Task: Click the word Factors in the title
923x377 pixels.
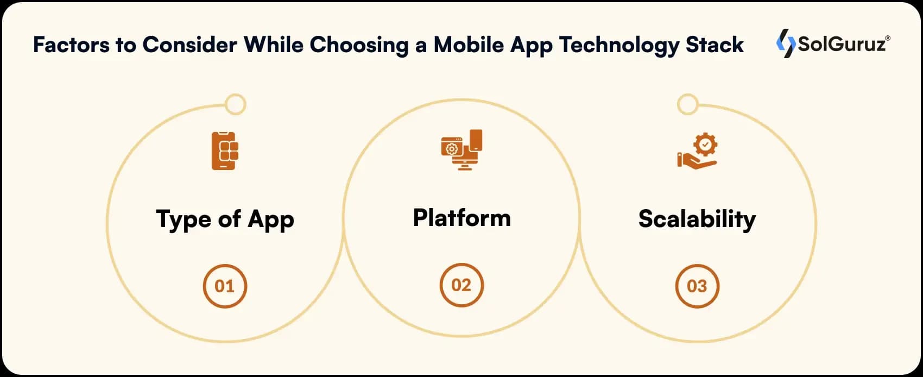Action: coord(71,45)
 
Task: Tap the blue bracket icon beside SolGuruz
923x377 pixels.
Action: coord(785,43)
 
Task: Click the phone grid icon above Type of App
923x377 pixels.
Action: coord(225,150)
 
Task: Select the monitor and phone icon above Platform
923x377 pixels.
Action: coord(461,149)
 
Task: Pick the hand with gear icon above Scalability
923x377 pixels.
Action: coord(697,150)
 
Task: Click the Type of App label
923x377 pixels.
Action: coord(225,219)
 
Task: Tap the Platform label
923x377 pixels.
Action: coord(461,218)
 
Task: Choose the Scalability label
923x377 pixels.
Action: coord(697,219)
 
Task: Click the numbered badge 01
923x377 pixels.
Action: coord(225,286)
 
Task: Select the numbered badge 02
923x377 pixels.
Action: coord(461,285)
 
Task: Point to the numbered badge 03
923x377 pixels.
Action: coord(697,286)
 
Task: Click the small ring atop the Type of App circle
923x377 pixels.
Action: coord(235,104)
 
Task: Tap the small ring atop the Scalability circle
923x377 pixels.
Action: coord(687,104)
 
